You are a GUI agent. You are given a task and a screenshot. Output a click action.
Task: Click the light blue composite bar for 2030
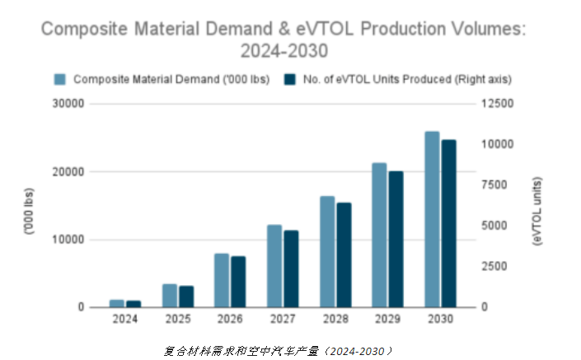click(x=433, y=219)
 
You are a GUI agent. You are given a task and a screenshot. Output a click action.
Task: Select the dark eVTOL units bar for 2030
click(x=449, y=223)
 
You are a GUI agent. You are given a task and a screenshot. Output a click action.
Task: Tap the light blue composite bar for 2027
click(x=274, y=265)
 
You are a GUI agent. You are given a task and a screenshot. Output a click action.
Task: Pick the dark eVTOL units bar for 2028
click(x=344, y=255)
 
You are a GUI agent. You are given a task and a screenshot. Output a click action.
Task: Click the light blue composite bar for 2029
click(x=379, y=235)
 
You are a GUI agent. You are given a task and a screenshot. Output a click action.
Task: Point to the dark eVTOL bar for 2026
click(x=238, y=282)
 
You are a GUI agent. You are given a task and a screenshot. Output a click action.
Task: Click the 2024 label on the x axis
click(x=125, y=317)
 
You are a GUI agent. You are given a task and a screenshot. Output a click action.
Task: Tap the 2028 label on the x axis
click(x=335, y=317)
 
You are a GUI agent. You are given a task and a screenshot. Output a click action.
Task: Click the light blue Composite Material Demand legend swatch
click(x=59, y=80)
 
